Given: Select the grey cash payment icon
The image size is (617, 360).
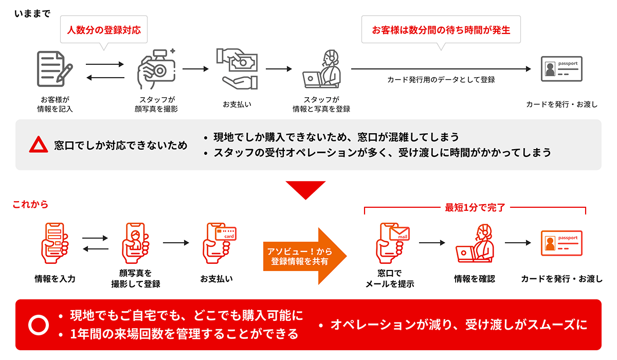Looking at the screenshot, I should coord(237,68).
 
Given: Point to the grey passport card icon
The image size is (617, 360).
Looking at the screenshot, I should coord(561,69).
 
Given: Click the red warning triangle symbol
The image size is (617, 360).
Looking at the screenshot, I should coord(39,146).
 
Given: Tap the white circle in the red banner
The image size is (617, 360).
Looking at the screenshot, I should coord(39,325).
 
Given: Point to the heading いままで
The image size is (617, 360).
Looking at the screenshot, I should coord(32,13).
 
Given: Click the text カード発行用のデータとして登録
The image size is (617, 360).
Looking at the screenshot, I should coord(441,80).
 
